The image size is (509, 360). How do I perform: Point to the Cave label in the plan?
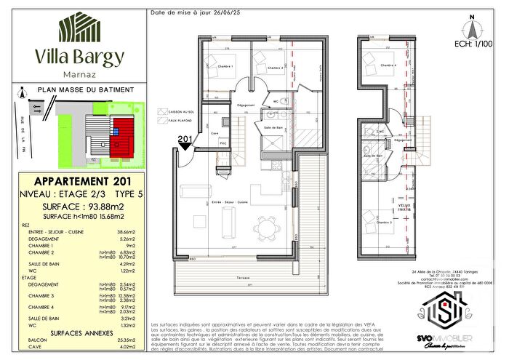(x=214, y=132)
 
